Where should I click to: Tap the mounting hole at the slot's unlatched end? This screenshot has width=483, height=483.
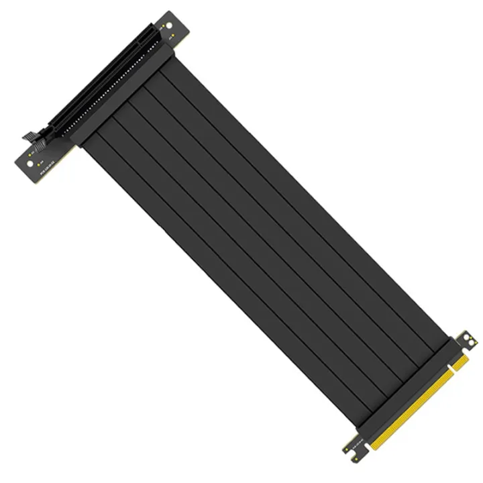coord(168,24)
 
